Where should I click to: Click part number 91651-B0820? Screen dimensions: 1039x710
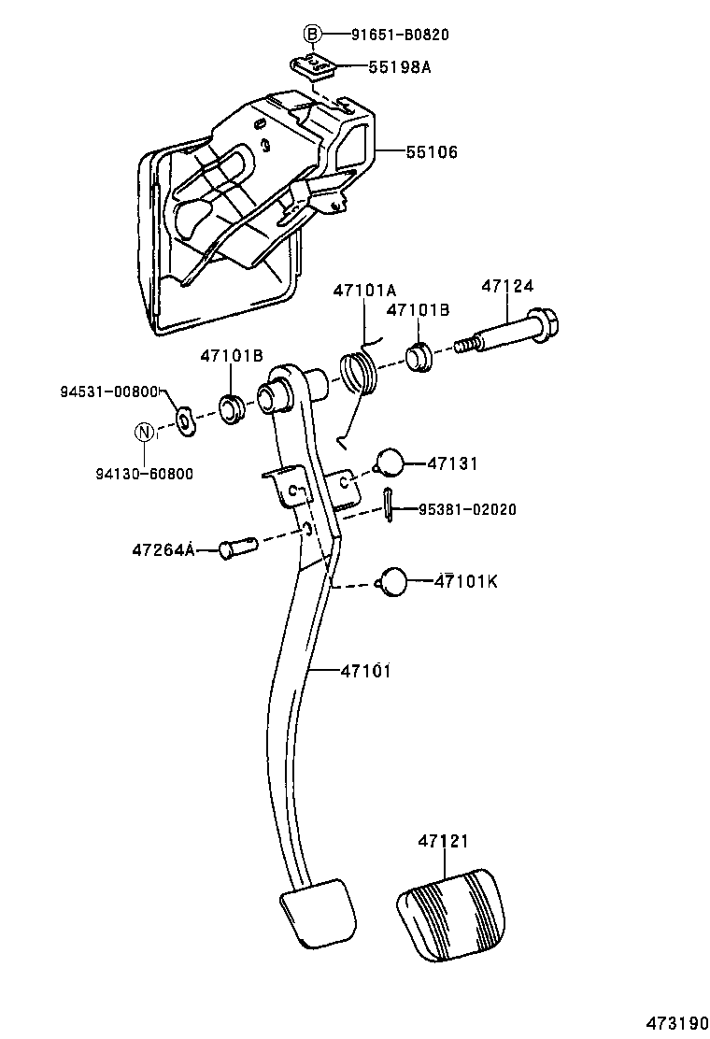(400, 36)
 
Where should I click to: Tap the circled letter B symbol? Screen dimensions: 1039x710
(312, 36)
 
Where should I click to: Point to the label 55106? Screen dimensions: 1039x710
(432, 151)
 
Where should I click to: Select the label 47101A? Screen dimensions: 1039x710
(363, 290)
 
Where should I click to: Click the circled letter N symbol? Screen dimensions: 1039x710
(144, 432)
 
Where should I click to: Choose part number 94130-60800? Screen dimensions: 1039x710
(144, 474)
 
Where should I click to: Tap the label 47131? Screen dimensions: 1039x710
(453, 463)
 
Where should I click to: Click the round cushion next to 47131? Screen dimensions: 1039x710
(390, 463)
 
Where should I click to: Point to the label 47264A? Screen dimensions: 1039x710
(163, 550)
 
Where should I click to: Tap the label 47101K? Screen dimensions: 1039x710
(466, 581)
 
